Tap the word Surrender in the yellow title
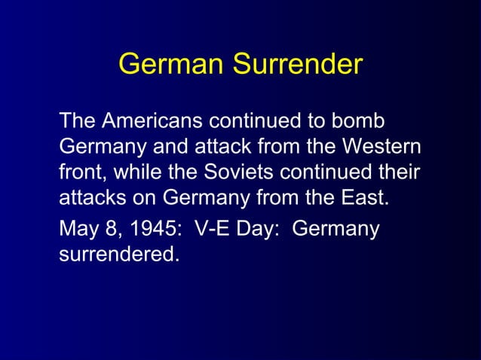297,65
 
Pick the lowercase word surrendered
119,255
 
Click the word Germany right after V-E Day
335,228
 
